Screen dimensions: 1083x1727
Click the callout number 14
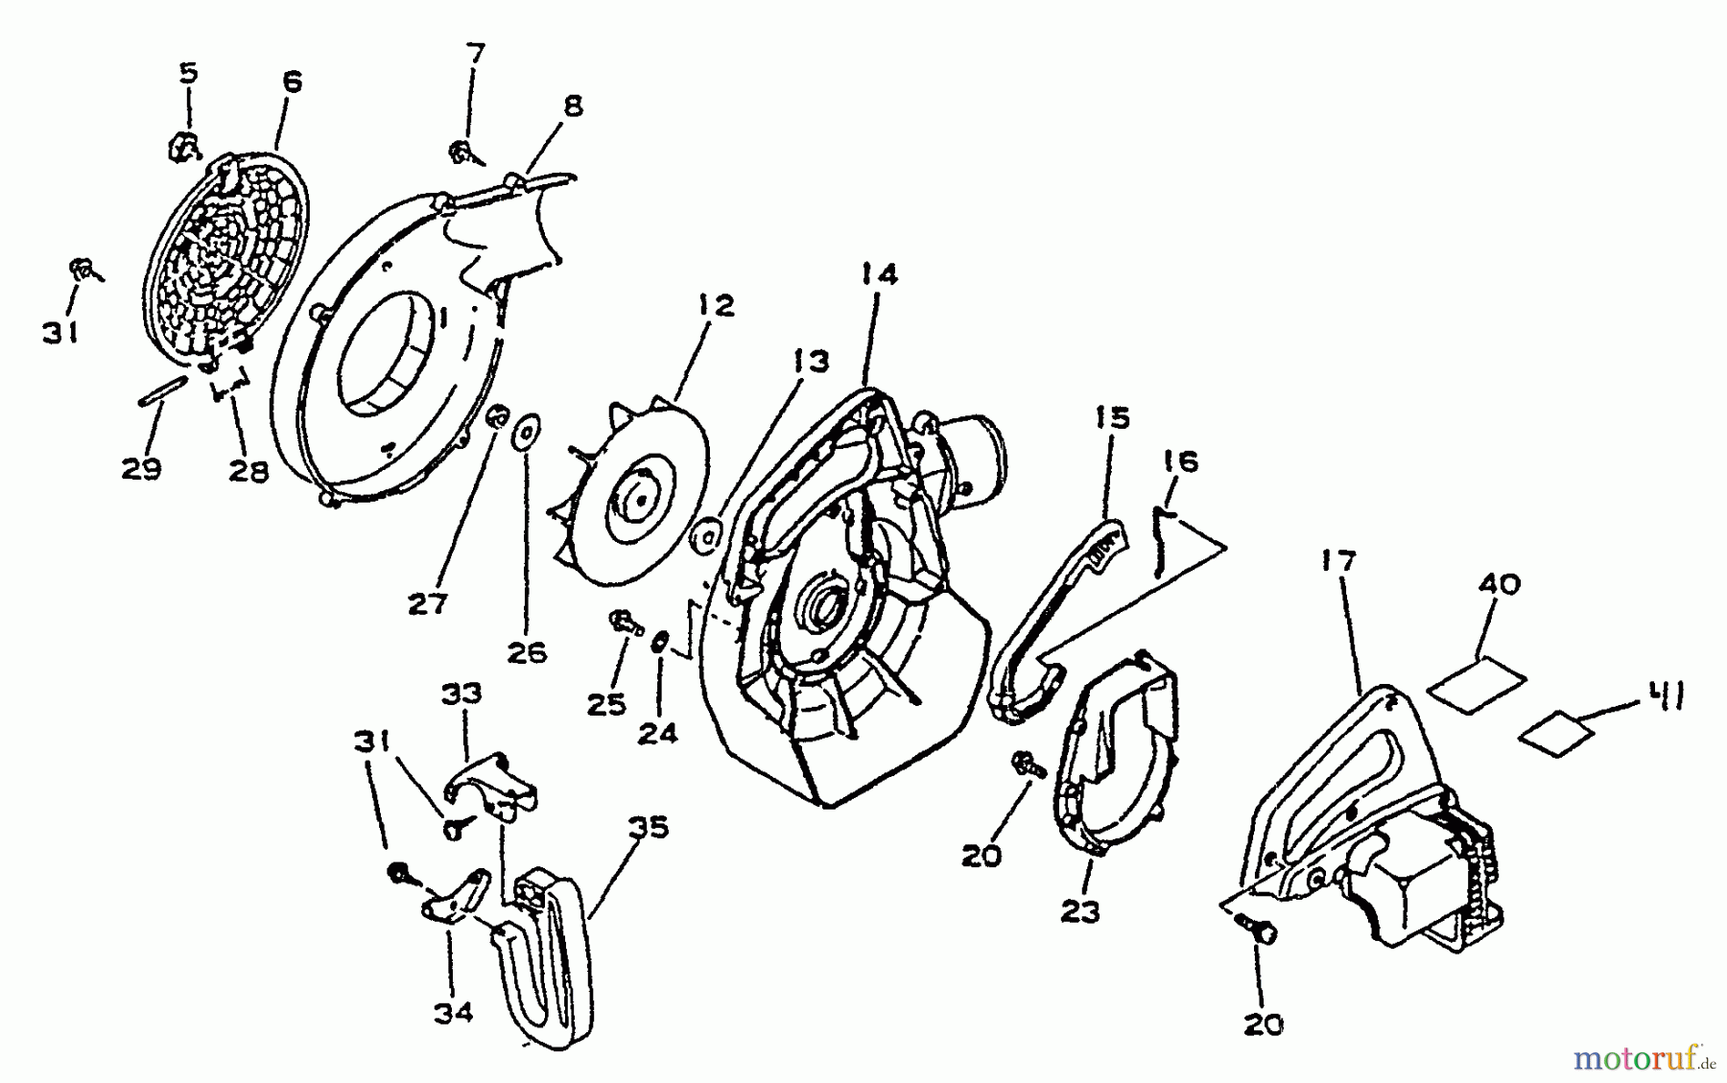point(879,275)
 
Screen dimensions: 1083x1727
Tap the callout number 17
point(1337,561)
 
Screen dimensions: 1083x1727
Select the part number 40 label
point(1499,584)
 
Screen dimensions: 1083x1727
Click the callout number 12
point(716,306)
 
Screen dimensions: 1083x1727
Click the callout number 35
point(648,828)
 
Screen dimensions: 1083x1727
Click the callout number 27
point(428,604)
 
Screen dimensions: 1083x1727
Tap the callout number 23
point(1079,912)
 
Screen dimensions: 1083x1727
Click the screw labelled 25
point(624,623)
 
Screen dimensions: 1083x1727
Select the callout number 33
point(461,694)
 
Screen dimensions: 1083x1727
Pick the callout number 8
point(573,106)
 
